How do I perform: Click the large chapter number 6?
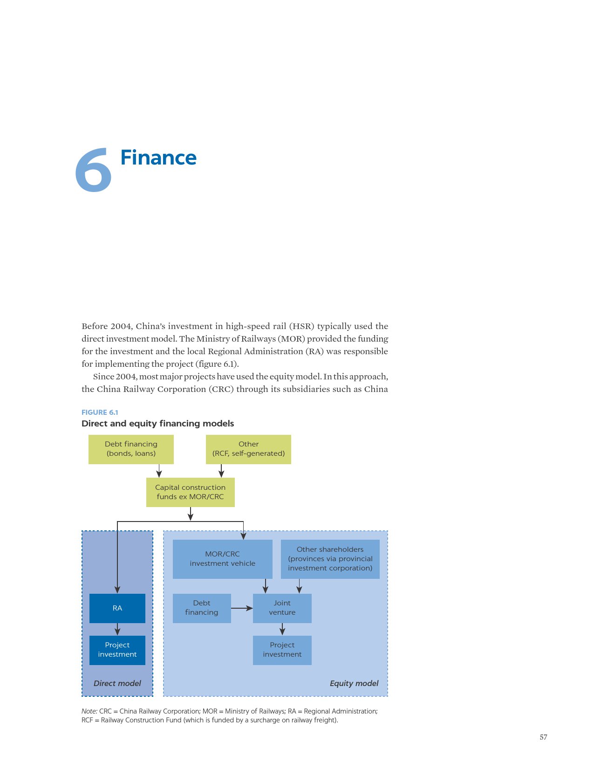pyautogui.click(x=93, y=170)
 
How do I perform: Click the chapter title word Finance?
pyautogui.click(x=158, y=158)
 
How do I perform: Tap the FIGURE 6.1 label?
pyautogui.click(x=100, y=412)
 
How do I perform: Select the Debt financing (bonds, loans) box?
pyautogui.click(x=131, y=449)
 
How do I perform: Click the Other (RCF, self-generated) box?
pyautogui.click(x=248, y=449)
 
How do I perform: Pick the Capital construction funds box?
pyautogui.click(x=191, y=492)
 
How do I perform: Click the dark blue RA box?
pyautogui.click(x=117, y=608)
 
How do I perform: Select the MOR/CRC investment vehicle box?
pyautogui.click(x=223, y=559)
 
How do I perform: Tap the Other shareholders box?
pyautogui.click(x=330, y=559)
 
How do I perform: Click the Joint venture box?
pyautogui.click(x=282, y=608)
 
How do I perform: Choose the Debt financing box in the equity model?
pyautogui.click(x=202, y=608)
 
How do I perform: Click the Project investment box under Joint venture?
pyautogui.click(x=282, y=650)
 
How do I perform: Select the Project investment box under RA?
pyautogui.click(x=117, y=650)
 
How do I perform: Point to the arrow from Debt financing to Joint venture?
pyautogui.click(x=242, y=608)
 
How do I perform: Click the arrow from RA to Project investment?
pyautogui.click(x=117, y=629)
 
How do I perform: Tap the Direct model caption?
pyautogui.click(x=117, y=683)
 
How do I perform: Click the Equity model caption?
pyautogui.click(x=354, y=683)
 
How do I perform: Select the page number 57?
pyautogui.click(x=543, y=737)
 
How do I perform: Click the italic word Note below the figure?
pyautogui.click(x=89, y=711)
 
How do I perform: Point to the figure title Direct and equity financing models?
pyautogui.click(x=158, y=424)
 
